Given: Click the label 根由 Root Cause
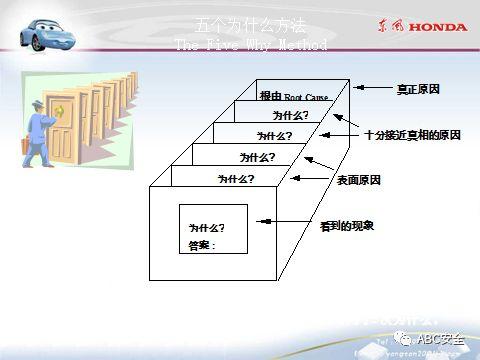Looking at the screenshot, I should (293, 96).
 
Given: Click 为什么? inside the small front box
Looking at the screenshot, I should (206, 228).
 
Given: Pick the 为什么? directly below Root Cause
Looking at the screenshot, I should (290, 115).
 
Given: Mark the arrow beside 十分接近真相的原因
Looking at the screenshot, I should (356, 134).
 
